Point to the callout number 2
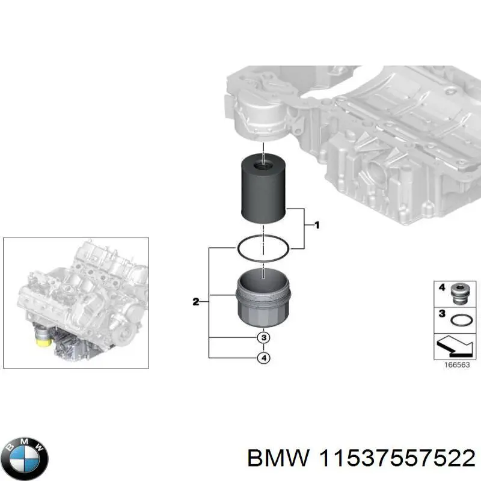(195, 302)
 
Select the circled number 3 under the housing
(263, 337)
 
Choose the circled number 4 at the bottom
(263, 358)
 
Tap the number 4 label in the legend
(441, 288)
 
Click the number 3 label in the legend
(441, 314)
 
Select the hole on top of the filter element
(263, 163)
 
